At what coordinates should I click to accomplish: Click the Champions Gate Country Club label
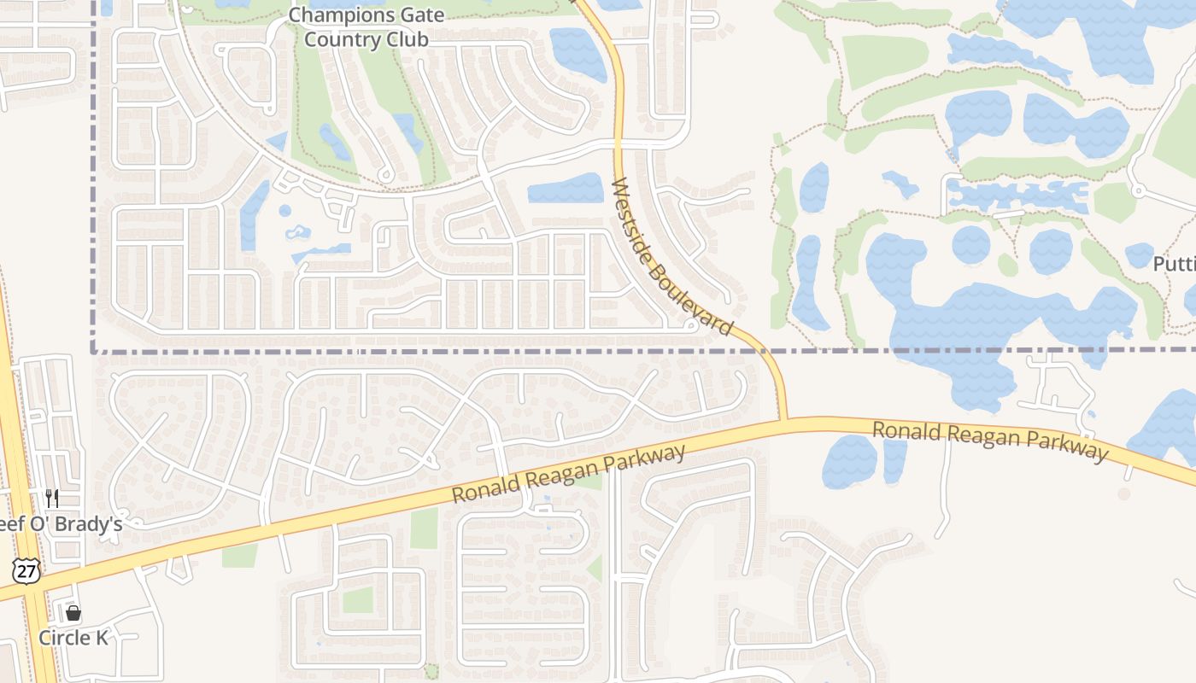[x=366, y=26]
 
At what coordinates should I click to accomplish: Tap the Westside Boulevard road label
[x=672, y=255]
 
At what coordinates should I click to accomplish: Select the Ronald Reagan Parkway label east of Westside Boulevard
[x=989, y=441]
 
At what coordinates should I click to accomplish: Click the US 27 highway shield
[x=27, y=570]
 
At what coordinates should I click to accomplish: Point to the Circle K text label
[x=73, y=638]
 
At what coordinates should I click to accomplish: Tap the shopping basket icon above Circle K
[x=73, y=612]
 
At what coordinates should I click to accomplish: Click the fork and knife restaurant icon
[x=52, y=498]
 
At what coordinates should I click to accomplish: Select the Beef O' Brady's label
[x=60, y=524]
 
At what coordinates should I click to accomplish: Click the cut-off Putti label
[x=1174, y=264]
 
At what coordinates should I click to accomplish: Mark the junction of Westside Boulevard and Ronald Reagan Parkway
[x=783, y=420]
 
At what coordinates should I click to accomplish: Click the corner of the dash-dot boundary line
[x=92, y=350]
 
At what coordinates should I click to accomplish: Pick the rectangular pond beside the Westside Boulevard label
[x=565, y=189]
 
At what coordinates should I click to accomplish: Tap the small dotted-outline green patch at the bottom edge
[x=431, y=670]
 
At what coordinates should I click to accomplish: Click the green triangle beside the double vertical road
[x=595, y=568]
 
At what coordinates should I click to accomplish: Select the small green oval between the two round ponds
[x=1008, y=265]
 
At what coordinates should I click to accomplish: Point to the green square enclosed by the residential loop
[x=358, y=599]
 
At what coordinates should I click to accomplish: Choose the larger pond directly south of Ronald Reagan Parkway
[x=849, y=461]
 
